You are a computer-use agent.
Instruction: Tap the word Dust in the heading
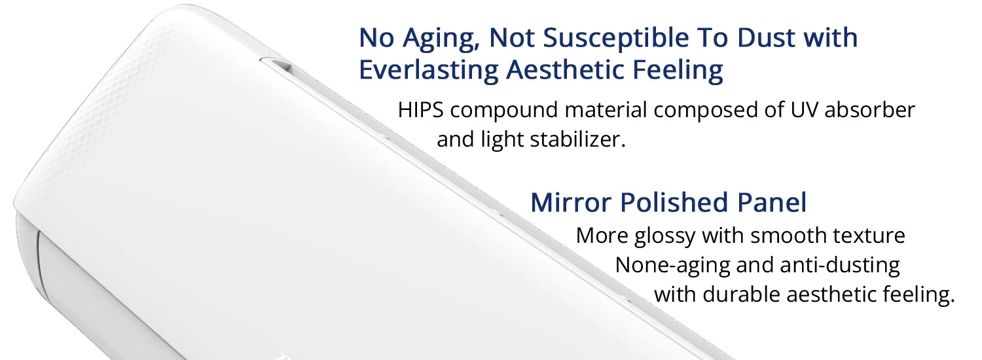(766, 37)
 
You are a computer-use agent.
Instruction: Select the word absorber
(870, 109)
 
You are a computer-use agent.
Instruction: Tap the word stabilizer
(578, 139)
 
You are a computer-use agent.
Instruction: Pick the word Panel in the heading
(772, 203)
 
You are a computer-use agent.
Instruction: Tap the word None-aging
(672, 266)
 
